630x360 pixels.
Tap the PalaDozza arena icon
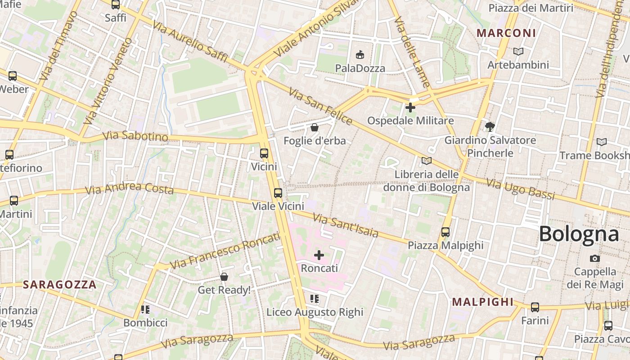click(x=360, y=55)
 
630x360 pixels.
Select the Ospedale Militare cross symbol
click(x=410, y=108)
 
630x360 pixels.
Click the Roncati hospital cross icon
click(x=319, y=256)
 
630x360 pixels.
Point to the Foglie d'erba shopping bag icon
click(x=315, y=128)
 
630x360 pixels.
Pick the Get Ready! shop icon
click(x=224, y=277)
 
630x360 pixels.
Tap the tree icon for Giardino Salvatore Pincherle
click(x=490, y=127)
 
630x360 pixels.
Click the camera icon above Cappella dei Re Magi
click(x=595, y=258)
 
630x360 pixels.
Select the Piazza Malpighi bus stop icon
click(x=445, y=232)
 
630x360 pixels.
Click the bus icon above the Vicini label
click(x=264, y=153)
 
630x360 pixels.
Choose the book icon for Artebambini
click(x=518, y=52)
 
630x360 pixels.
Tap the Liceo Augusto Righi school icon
click(x=315, y=299)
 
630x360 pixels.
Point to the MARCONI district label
click(x=506, y=33)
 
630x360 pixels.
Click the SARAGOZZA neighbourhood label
click(x=60, y=284)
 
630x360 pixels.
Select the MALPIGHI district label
click(x=482, y=302)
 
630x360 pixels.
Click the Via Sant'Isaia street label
click(x=346, y=226)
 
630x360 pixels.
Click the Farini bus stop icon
click(x=535, y=307)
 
